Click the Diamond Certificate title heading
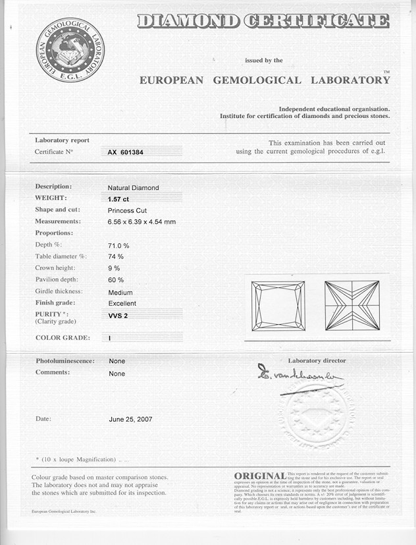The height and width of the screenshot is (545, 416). click(x=263, y=21)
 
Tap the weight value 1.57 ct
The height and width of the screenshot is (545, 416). click(x=118, y=198)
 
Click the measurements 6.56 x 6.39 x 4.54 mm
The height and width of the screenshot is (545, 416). click(x=142, y=221)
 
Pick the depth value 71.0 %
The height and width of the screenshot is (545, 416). click(x=118, y=245)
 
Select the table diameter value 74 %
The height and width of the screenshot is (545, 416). click(x=116, y=256)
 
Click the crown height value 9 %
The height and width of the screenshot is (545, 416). click(x=114, y=268)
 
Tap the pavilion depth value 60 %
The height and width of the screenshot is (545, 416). click(x=116, y=280)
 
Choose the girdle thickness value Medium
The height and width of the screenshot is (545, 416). click(x=120, y=292)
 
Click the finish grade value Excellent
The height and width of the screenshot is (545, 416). click(x=122, y=303)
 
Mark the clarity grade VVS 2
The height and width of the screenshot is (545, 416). click(x=118, y=316)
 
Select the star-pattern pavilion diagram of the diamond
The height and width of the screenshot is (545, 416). click(x=353, y=306)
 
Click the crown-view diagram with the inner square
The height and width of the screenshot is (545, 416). click(x=278, y=306)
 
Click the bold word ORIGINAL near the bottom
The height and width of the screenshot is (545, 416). click(x=259, y=476)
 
